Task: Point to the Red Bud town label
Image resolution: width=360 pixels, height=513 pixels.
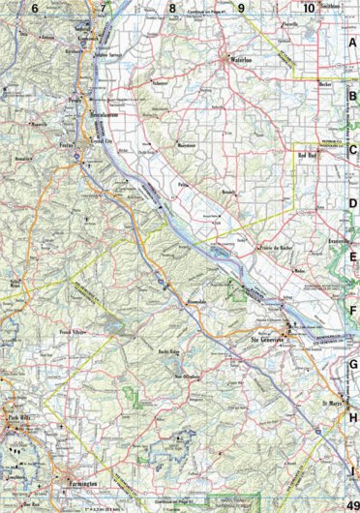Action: [x=308, y=155]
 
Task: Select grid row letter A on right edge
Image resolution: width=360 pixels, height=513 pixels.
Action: [x=352, y=43]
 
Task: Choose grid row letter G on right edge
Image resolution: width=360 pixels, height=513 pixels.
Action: [x=352, y=363]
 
